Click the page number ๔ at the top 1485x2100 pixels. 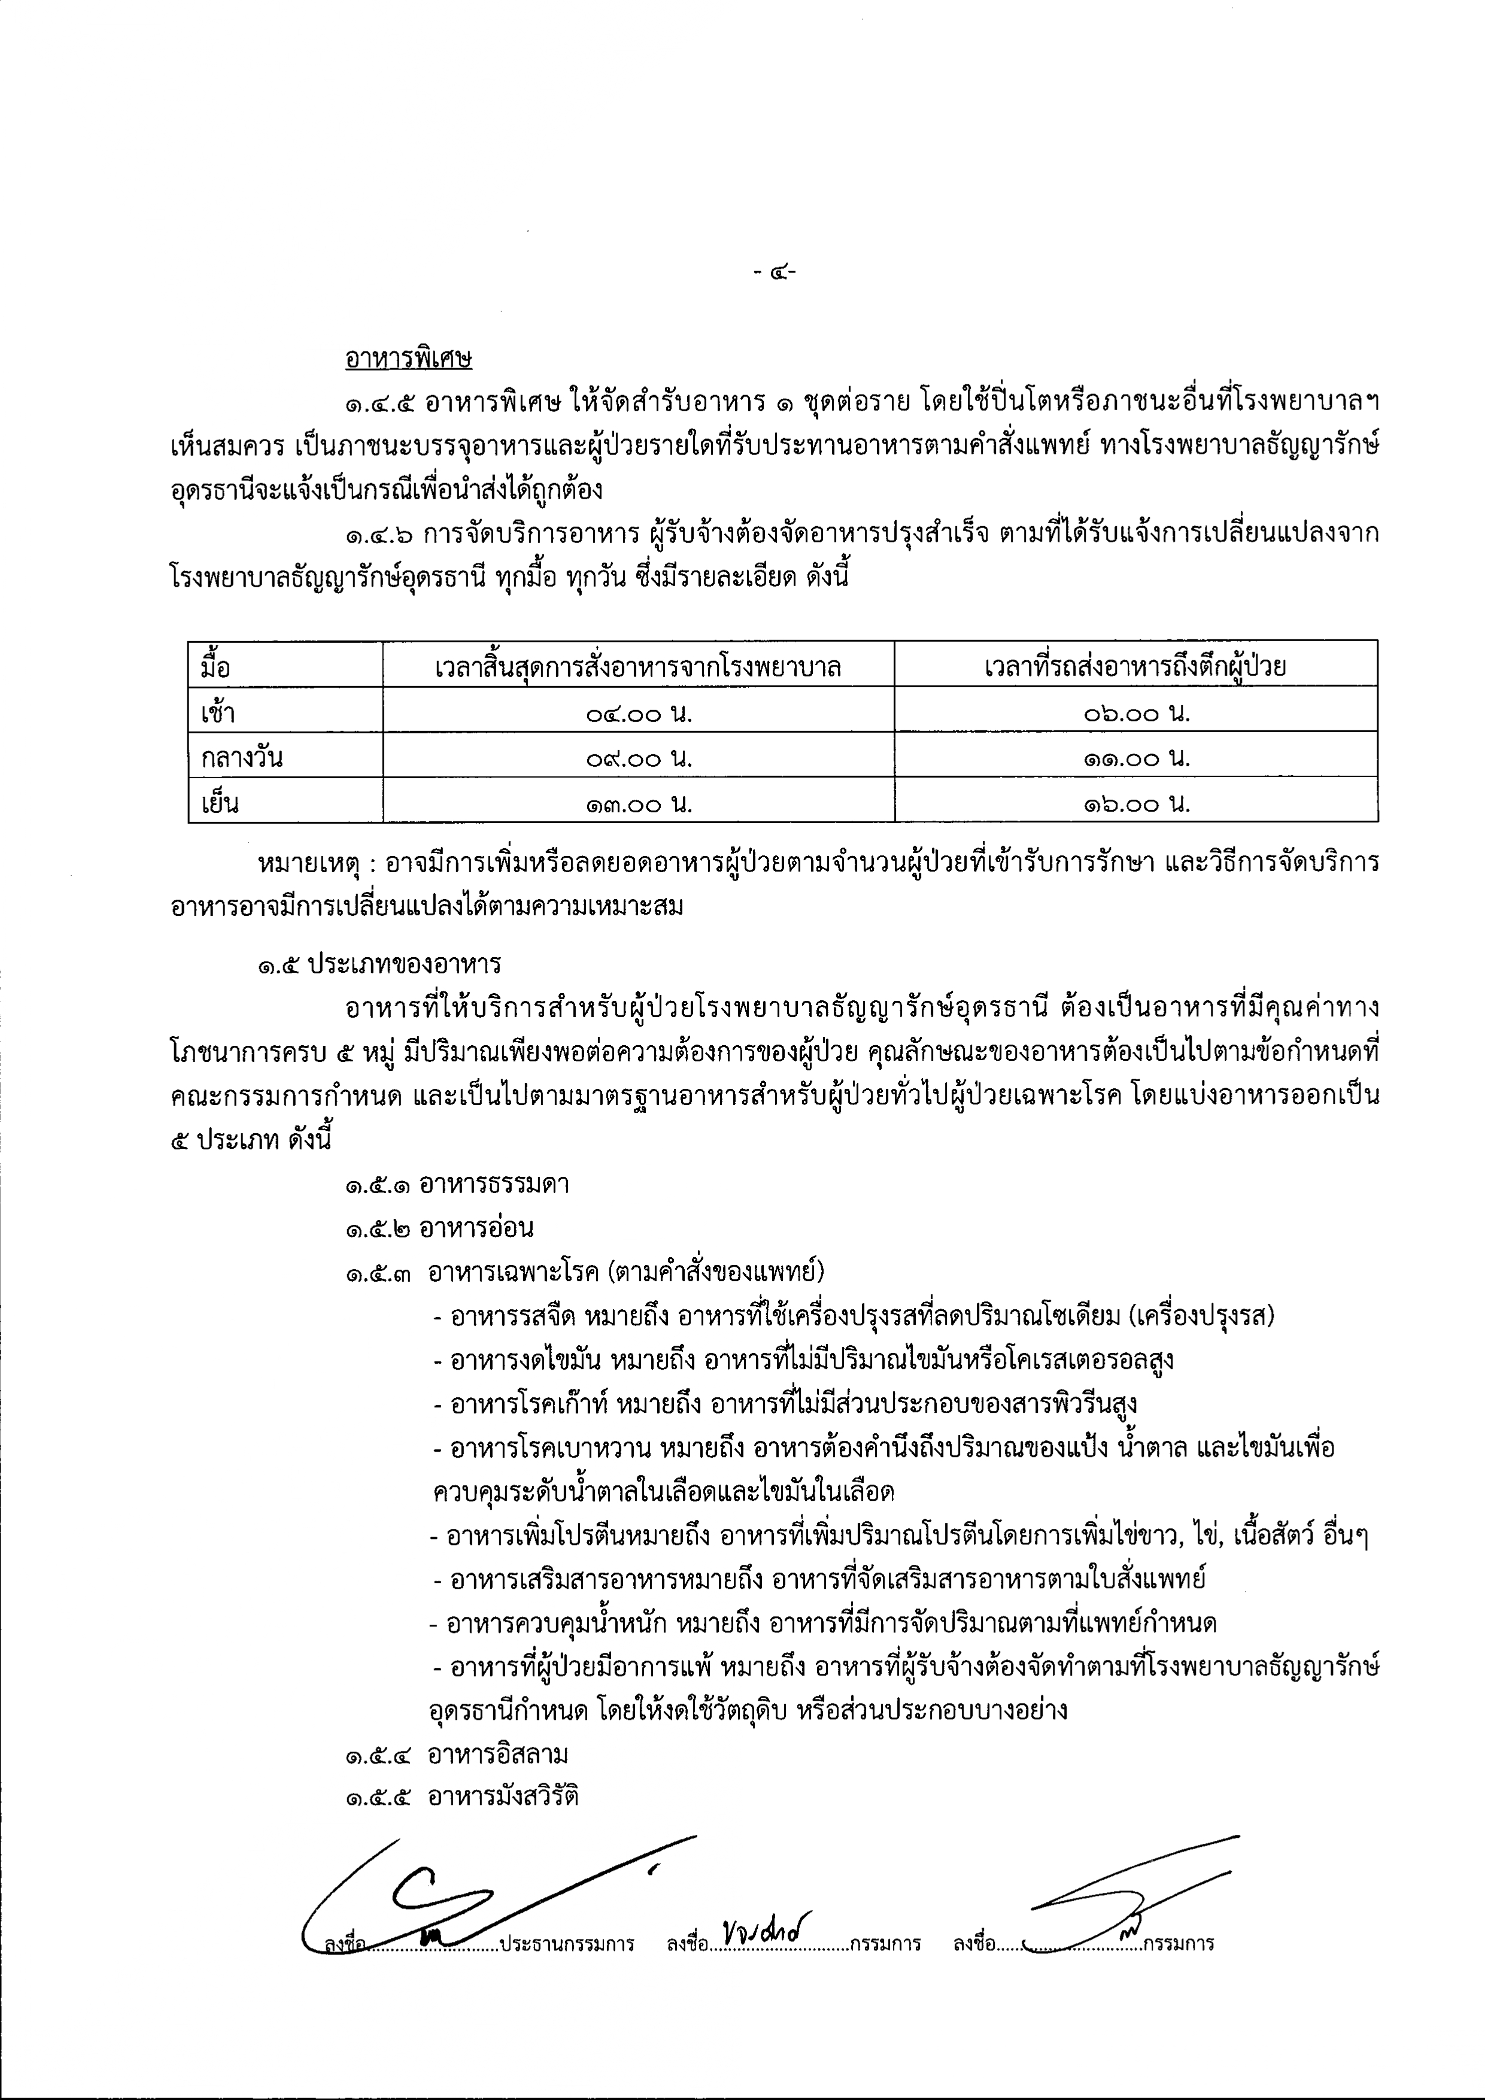tap(775, 271)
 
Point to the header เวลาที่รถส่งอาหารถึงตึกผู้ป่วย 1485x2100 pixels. tap(1135, 666)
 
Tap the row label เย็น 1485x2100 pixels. tap(220, 803)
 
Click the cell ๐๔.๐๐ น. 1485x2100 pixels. tap(638, 712)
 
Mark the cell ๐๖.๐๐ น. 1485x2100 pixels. tap(1135, 712)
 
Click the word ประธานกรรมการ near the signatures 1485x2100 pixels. tap(567, 1942)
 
